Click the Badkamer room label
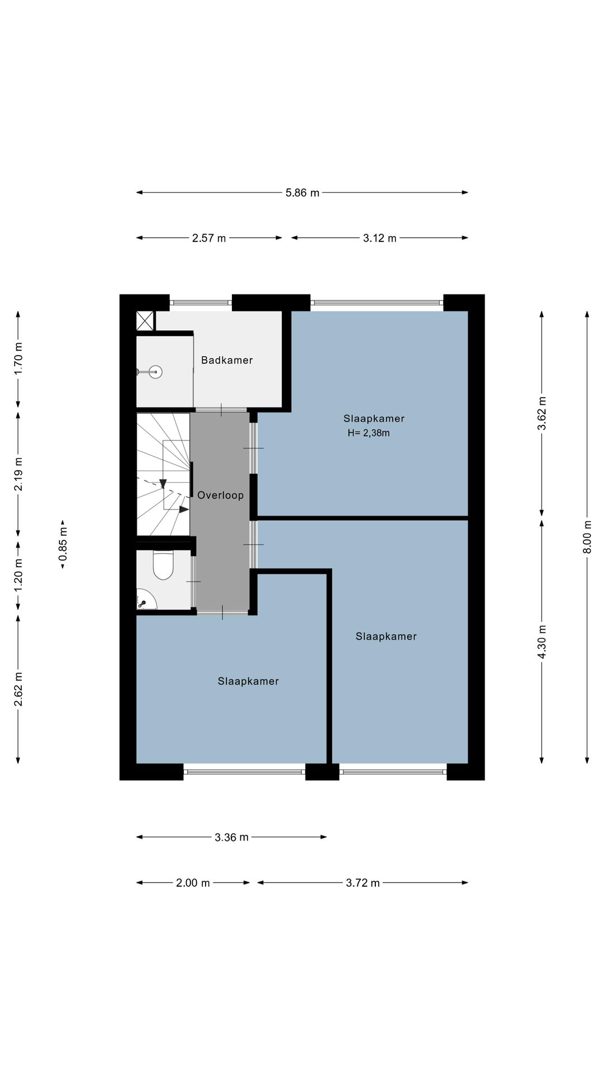[x=227, y=360]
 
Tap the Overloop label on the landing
[x=220, y=495]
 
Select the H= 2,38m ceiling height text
[x=369, y=433]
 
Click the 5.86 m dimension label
[x=302, y=193]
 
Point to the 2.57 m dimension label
[x=209, y=238]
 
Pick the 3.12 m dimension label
[x=380, y=238]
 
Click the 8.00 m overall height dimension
[x=587, y=537]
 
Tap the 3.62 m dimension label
[x=542, y=413]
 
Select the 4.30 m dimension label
[x=542, y=641]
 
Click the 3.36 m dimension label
[x=231, y=837]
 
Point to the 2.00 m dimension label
[x=193, y=883]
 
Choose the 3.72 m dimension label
[x=363, y=883]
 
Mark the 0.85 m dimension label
[x=63, y=544]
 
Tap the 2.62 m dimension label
[x=18, y=688]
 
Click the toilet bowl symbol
[x=164, y=565]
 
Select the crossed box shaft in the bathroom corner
[x=145, y=321]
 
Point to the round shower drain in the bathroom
[x=156, y=371]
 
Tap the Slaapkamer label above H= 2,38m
[x=374, y=418]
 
